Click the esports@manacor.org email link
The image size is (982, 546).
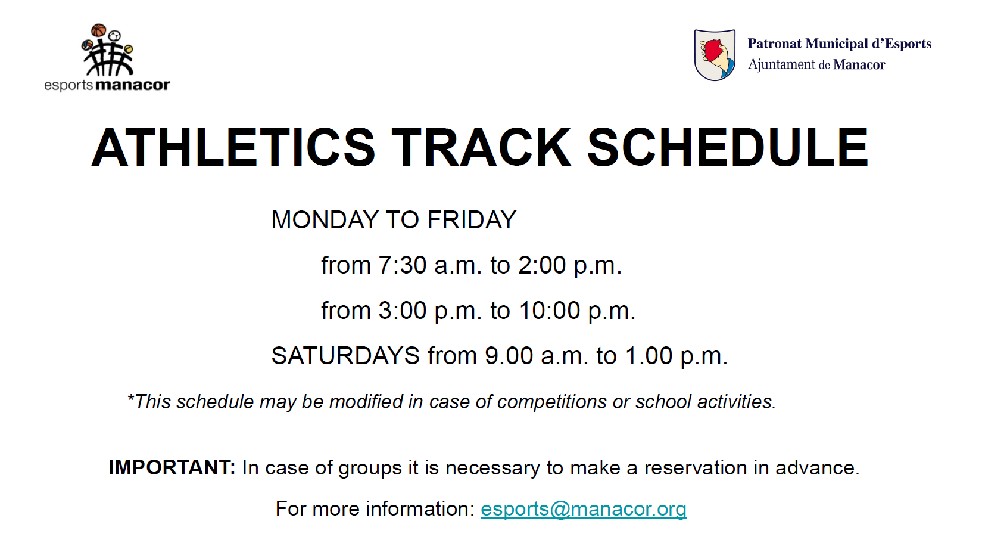coord(584,509)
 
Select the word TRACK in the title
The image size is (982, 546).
coord(481,147)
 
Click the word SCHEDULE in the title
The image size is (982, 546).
coord(728,147)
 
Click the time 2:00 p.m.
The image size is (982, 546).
coord(570,266)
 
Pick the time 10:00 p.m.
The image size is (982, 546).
coord(578,311)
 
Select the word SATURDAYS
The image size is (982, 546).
coord(345,355)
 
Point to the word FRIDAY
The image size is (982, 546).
coord(472,219)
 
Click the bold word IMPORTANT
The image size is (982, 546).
coord(172,467)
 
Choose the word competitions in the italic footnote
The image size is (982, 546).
coord(551,402)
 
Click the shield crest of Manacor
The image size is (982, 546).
coord(715,55)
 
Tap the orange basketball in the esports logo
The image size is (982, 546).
coord(99,30)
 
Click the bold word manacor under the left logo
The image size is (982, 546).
coord(132,85)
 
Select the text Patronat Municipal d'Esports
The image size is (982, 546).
coord(840,44)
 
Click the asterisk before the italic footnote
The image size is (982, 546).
coord(130,397)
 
